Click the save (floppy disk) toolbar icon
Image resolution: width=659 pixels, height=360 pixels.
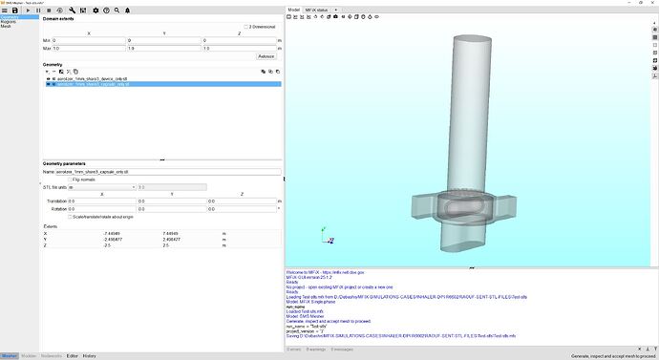click(15, 10)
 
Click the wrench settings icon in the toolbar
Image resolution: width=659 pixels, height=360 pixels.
click(73, 10)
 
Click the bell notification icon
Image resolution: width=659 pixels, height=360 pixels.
click(128, 10)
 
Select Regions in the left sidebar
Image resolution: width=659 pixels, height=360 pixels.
click(9, 22)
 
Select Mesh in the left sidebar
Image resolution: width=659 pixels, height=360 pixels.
click(6, 27)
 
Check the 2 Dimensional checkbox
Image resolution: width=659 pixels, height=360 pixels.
click(245, 27)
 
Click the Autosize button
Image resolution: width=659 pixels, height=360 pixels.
click(266, 55)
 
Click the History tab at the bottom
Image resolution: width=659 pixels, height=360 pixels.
click(89, 355)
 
